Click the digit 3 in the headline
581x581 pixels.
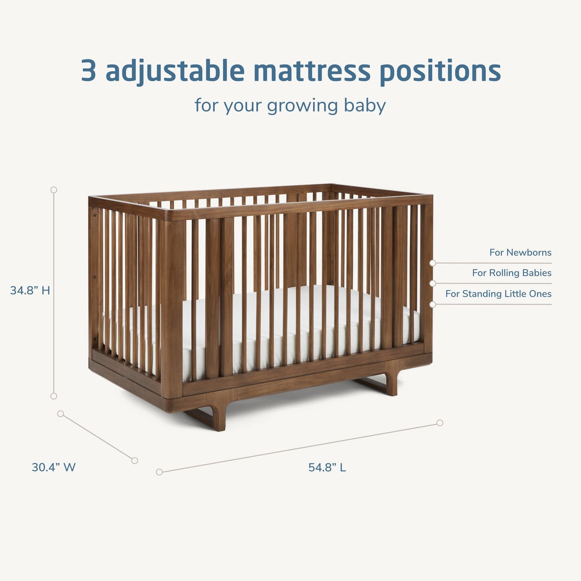[x=89, y=71]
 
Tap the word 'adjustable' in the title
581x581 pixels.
[x=175, y=71]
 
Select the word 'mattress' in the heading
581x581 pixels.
[x=312, y=71]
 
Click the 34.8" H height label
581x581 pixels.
[x=30, y=290]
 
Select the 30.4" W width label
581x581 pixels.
[x=53, y=467]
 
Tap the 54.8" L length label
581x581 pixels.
[x=327, y=467]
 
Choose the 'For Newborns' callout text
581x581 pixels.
[x=520, y=253]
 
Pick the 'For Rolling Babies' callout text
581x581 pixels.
[x=511, y=273]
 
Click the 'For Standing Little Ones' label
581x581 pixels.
[x=498, y=294]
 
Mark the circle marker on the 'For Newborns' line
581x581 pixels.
[x=433, y=263]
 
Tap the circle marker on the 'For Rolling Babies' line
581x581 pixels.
[x=433, y=283]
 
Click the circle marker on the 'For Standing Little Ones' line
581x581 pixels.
[x=433, y=304]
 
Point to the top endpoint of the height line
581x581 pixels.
[x=53, y=190]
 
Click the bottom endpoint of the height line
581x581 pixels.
[x=53, y=396]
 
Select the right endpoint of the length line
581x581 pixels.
[x=440, y=423]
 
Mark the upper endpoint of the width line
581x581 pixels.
[x=61, y=414]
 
